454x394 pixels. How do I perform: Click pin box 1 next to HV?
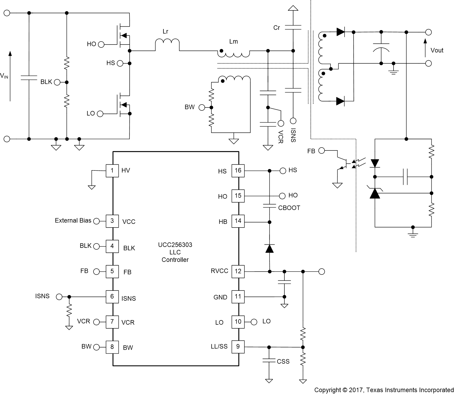pyautogui.click(x=112, y=170)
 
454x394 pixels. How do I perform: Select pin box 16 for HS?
pyautogui.click(x=238, y=170)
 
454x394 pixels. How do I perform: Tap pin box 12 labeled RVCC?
pyautogui.click(x=238, y=271)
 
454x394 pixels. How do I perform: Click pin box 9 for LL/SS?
pyautogui.click(x=238, y=347)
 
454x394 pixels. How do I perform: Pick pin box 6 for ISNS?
pyautogui.click(x=112, y=296)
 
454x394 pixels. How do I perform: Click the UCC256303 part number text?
pyautogui.click(x=175, y=245)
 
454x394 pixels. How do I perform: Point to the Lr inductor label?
pyautogui.click(x=165, y=31)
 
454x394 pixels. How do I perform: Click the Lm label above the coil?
pyautogui.click(x=233, y=42)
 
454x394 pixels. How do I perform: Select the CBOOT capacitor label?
pyautogui.click(x=289, y=208)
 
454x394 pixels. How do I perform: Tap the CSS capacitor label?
pyautogui.click(x=283, y=361)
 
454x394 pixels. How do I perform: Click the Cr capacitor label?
pyautogui.click(x=277, y=28)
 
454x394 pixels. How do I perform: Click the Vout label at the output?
pyautogui.click(x=437, y=50)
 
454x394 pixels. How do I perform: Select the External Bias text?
pyautogui.click(x=73, y=221)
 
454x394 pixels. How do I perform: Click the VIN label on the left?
pyautogui.click(x=4, y=76)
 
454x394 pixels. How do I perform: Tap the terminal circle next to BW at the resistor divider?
pyautogui.click(x=202, y=108)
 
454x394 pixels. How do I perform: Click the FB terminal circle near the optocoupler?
pyautogui.click(x=322, y=151)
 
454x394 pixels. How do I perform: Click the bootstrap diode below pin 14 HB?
pyautogui.click(x=269, y=248)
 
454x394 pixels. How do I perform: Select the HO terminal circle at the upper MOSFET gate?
pyautogui.click(x=101, y=45)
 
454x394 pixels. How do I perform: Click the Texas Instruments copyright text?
pyautogui.click(x=384, y=390)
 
